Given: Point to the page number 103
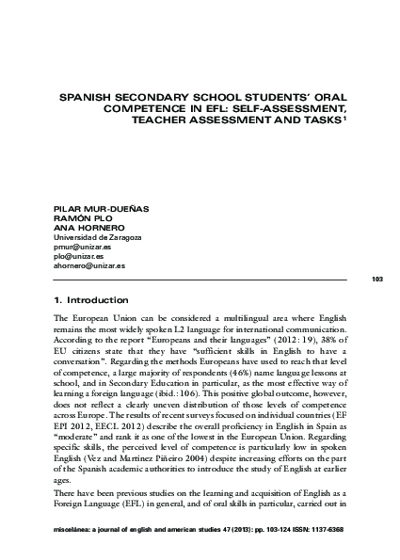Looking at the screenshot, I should point(378,280).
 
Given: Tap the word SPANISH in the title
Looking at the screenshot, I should point(88,96).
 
